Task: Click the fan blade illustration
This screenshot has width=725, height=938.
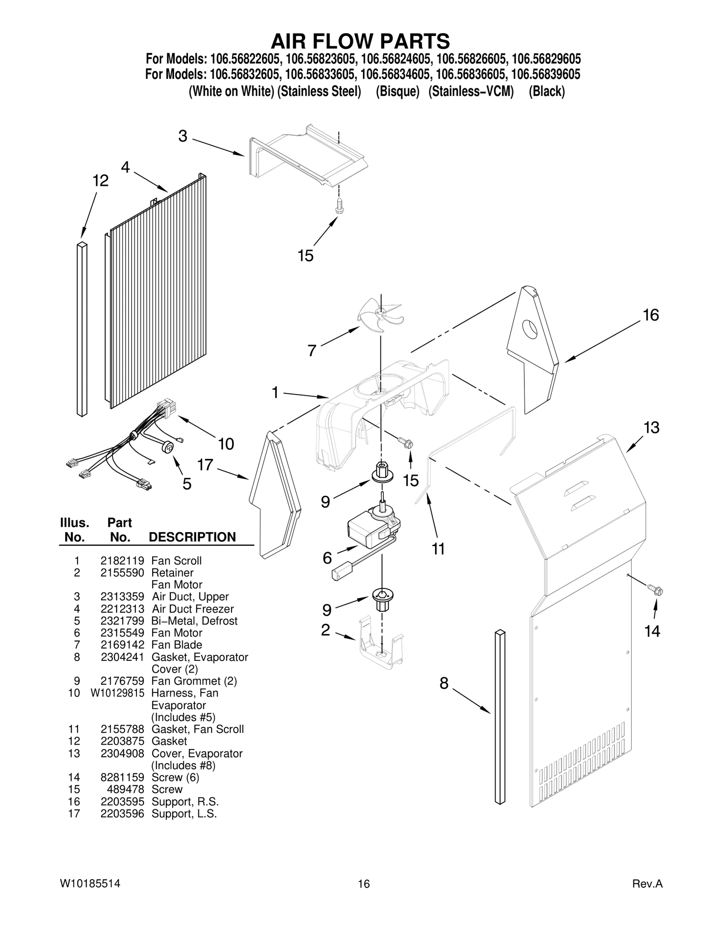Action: (x=380, y=314)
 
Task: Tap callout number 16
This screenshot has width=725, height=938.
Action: (x=651, y=315)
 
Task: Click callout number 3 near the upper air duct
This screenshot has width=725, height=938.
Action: (x=183, y=136)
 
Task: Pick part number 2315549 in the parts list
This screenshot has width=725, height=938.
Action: (x=122, y=633)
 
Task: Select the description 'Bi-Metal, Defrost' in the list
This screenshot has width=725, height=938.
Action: (x=194, y=621)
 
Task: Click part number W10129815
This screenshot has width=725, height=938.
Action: (x=117, y=693)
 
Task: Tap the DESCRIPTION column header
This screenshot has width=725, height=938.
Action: (x=192, y=537)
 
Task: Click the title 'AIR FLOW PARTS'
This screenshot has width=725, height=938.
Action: (x=360, y=41)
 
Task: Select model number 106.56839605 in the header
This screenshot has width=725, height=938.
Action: (x=546, y=74)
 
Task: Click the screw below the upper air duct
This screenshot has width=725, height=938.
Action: (x=338, y=206)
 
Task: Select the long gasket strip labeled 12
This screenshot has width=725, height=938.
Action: (x=82, y=329)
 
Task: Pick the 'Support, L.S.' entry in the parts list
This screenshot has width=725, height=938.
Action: (x=184, y=813)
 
